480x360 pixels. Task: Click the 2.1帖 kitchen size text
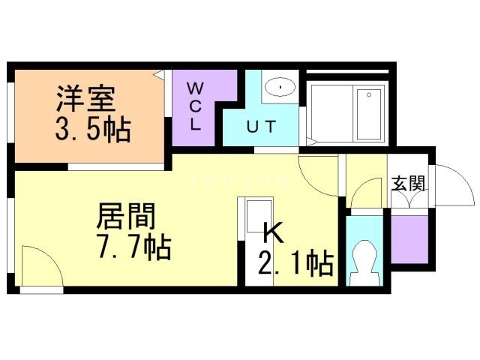295,263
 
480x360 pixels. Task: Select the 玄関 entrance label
408,184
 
